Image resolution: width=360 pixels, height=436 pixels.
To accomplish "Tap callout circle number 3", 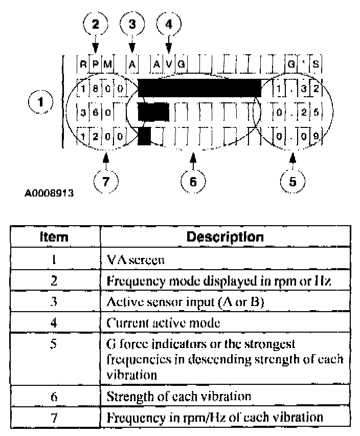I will tap(132, 24).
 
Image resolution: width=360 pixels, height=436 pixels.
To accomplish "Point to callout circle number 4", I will tap(169, 24).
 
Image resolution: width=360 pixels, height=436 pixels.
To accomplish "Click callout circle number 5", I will tap(292, 181).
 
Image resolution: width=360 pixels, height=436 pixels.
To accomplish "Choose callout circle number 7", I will tap(106, 181).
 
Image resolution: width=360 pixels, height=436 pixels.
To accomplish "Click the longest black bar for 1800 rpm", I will tap(199, 88).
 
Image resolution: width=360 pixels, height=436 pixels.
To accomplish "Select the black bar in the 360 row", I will tap(153, 111).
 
